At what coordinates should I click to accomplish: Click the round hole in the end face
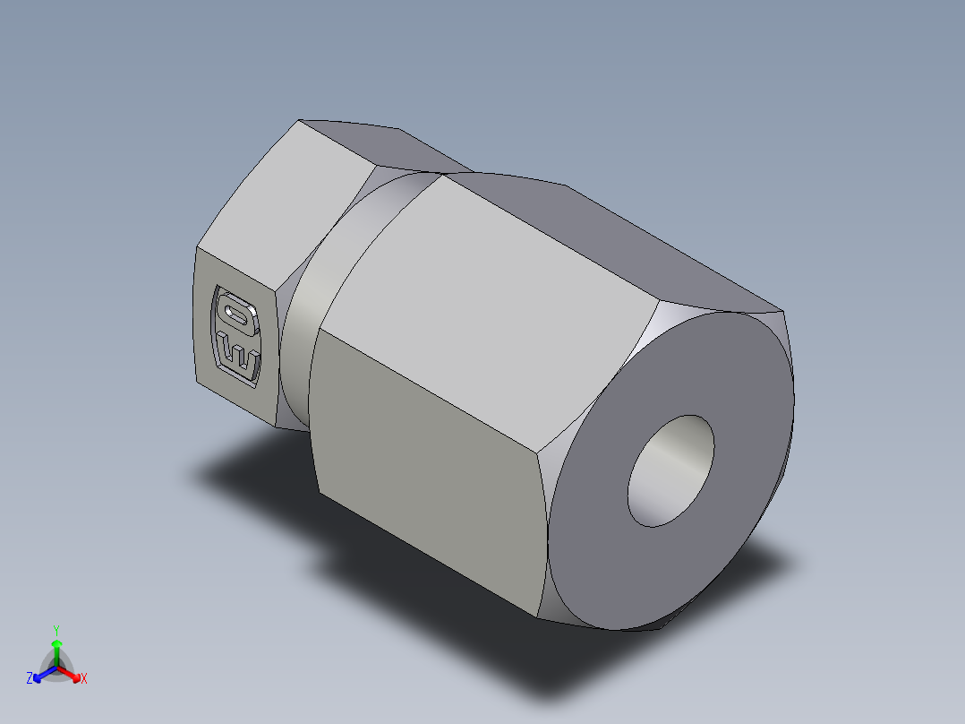(x=671, y=470)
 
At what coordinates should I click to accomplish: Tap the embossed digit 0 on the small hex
(x=236, y=314)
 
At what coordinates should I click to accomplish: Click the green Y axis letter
(x=56, y=629)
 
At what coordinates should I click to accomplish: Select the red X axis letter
(x=84, y=679)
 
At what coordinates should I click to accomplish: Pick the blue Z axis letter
(x=30, y=678)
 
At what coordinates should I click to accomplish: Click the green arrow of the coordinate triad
(x=56, y=647)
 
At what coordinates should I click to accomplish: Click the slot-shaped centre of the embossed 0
(x=237, y=314)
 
